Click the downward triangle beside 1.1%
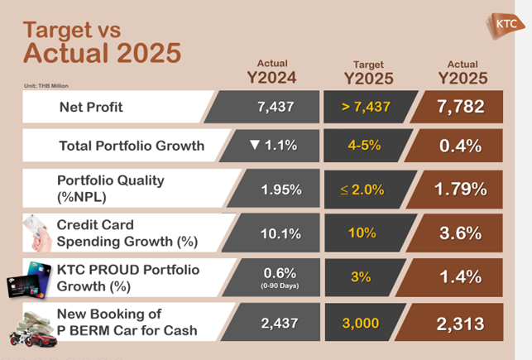(255, 146)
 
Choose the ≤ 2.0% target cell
(362, 190)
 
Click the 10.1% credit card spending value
(280, 233)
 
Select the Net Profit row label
(92, 107)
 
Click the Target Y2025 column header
(368, 72)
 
